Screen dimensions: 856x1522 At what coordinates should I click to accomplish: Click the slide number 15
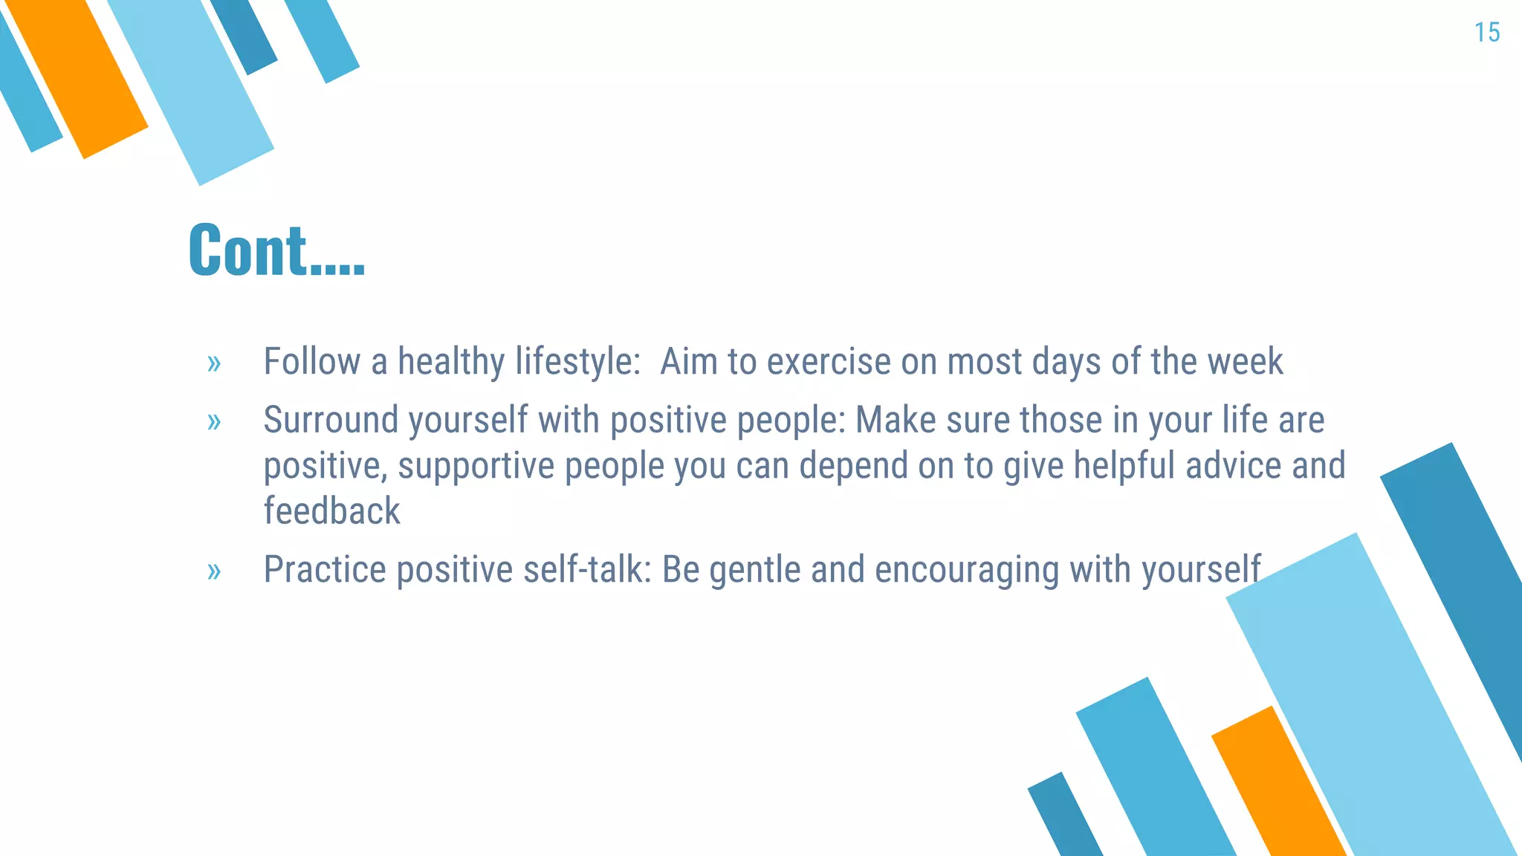1486,33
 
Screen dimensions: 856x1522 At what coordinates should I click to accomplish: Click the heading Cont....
276,250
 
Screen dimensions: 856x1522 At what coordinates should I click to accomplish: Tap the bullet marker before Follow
214,363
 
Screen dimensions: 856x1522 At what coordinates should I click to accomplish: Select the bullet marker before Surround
214,422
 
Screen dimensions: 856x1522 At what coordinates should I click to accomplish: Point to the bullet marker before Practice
214,571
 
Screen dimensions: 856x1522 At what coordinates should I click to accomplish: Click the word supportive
476,467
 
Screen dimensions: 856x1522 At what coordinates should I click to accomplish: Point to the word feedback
331,511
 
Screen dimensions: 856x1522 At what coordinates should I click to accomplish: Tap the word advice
1233,466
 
